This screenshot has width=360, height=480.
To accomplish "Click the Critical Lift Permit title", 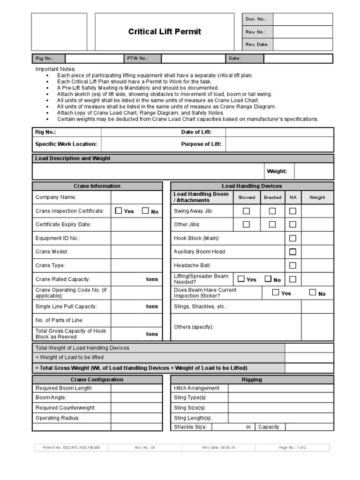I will (165, 31).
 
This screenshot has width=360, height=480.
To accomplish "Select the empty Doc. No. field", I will (302, 19).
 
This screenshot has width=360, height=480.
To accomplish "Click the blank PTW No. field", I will (193, 59).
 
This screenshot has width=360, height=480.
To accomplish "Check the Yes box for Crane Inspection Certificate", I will (119, 211).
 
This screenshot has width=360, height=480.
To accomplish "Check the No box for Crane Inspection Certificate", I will (145, 211).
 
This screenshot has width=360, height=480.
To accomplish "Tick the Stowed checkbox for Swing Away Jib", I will (246, 211).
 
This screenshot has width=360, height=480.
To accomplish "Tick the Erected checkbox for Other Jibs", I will (272, 225).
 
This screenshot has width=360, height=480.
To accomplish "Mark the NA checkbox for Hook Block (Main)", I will (292, 238).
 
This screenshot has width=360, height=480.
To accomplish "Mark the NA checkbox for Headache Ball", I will (292, 265).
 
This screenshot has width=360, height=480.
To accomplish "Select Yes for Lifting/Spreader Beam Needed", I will (241, 279).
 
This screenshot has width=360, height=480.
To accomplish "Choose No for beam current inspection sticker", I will (313, 293).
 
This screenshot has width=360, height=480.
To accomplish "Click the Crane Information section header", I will (97, 186).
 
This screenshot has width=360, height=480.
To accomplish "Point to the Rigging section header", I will (252, 380).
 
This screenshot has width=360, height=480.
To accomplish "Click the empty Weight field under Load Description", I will (314, 172).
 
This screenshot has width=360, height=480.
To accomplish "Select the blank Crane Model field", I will (136, 252).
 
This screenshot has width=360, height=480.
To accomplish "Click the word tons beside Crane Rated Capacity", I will (152, 279).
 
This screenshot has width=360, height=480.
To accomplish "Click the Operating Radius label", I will (58, 418).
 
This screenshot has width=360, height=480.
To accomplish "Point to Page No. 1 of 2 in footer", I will (292, 448).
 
